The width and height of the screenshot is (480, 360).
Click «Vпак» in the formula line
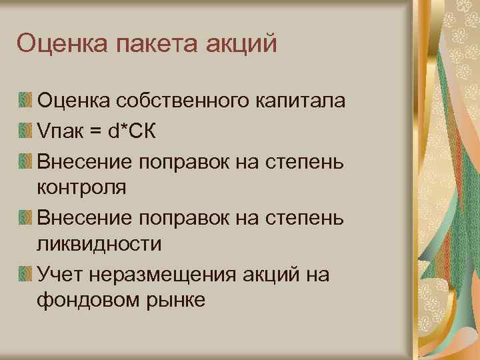63,131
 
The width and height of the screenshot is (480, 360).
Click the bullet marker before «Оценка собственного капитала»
25,102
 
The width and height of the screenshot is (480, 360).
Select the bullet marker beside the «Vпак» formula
25,131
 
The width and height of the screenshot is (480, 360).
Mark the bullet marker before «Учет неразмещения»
25,273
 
